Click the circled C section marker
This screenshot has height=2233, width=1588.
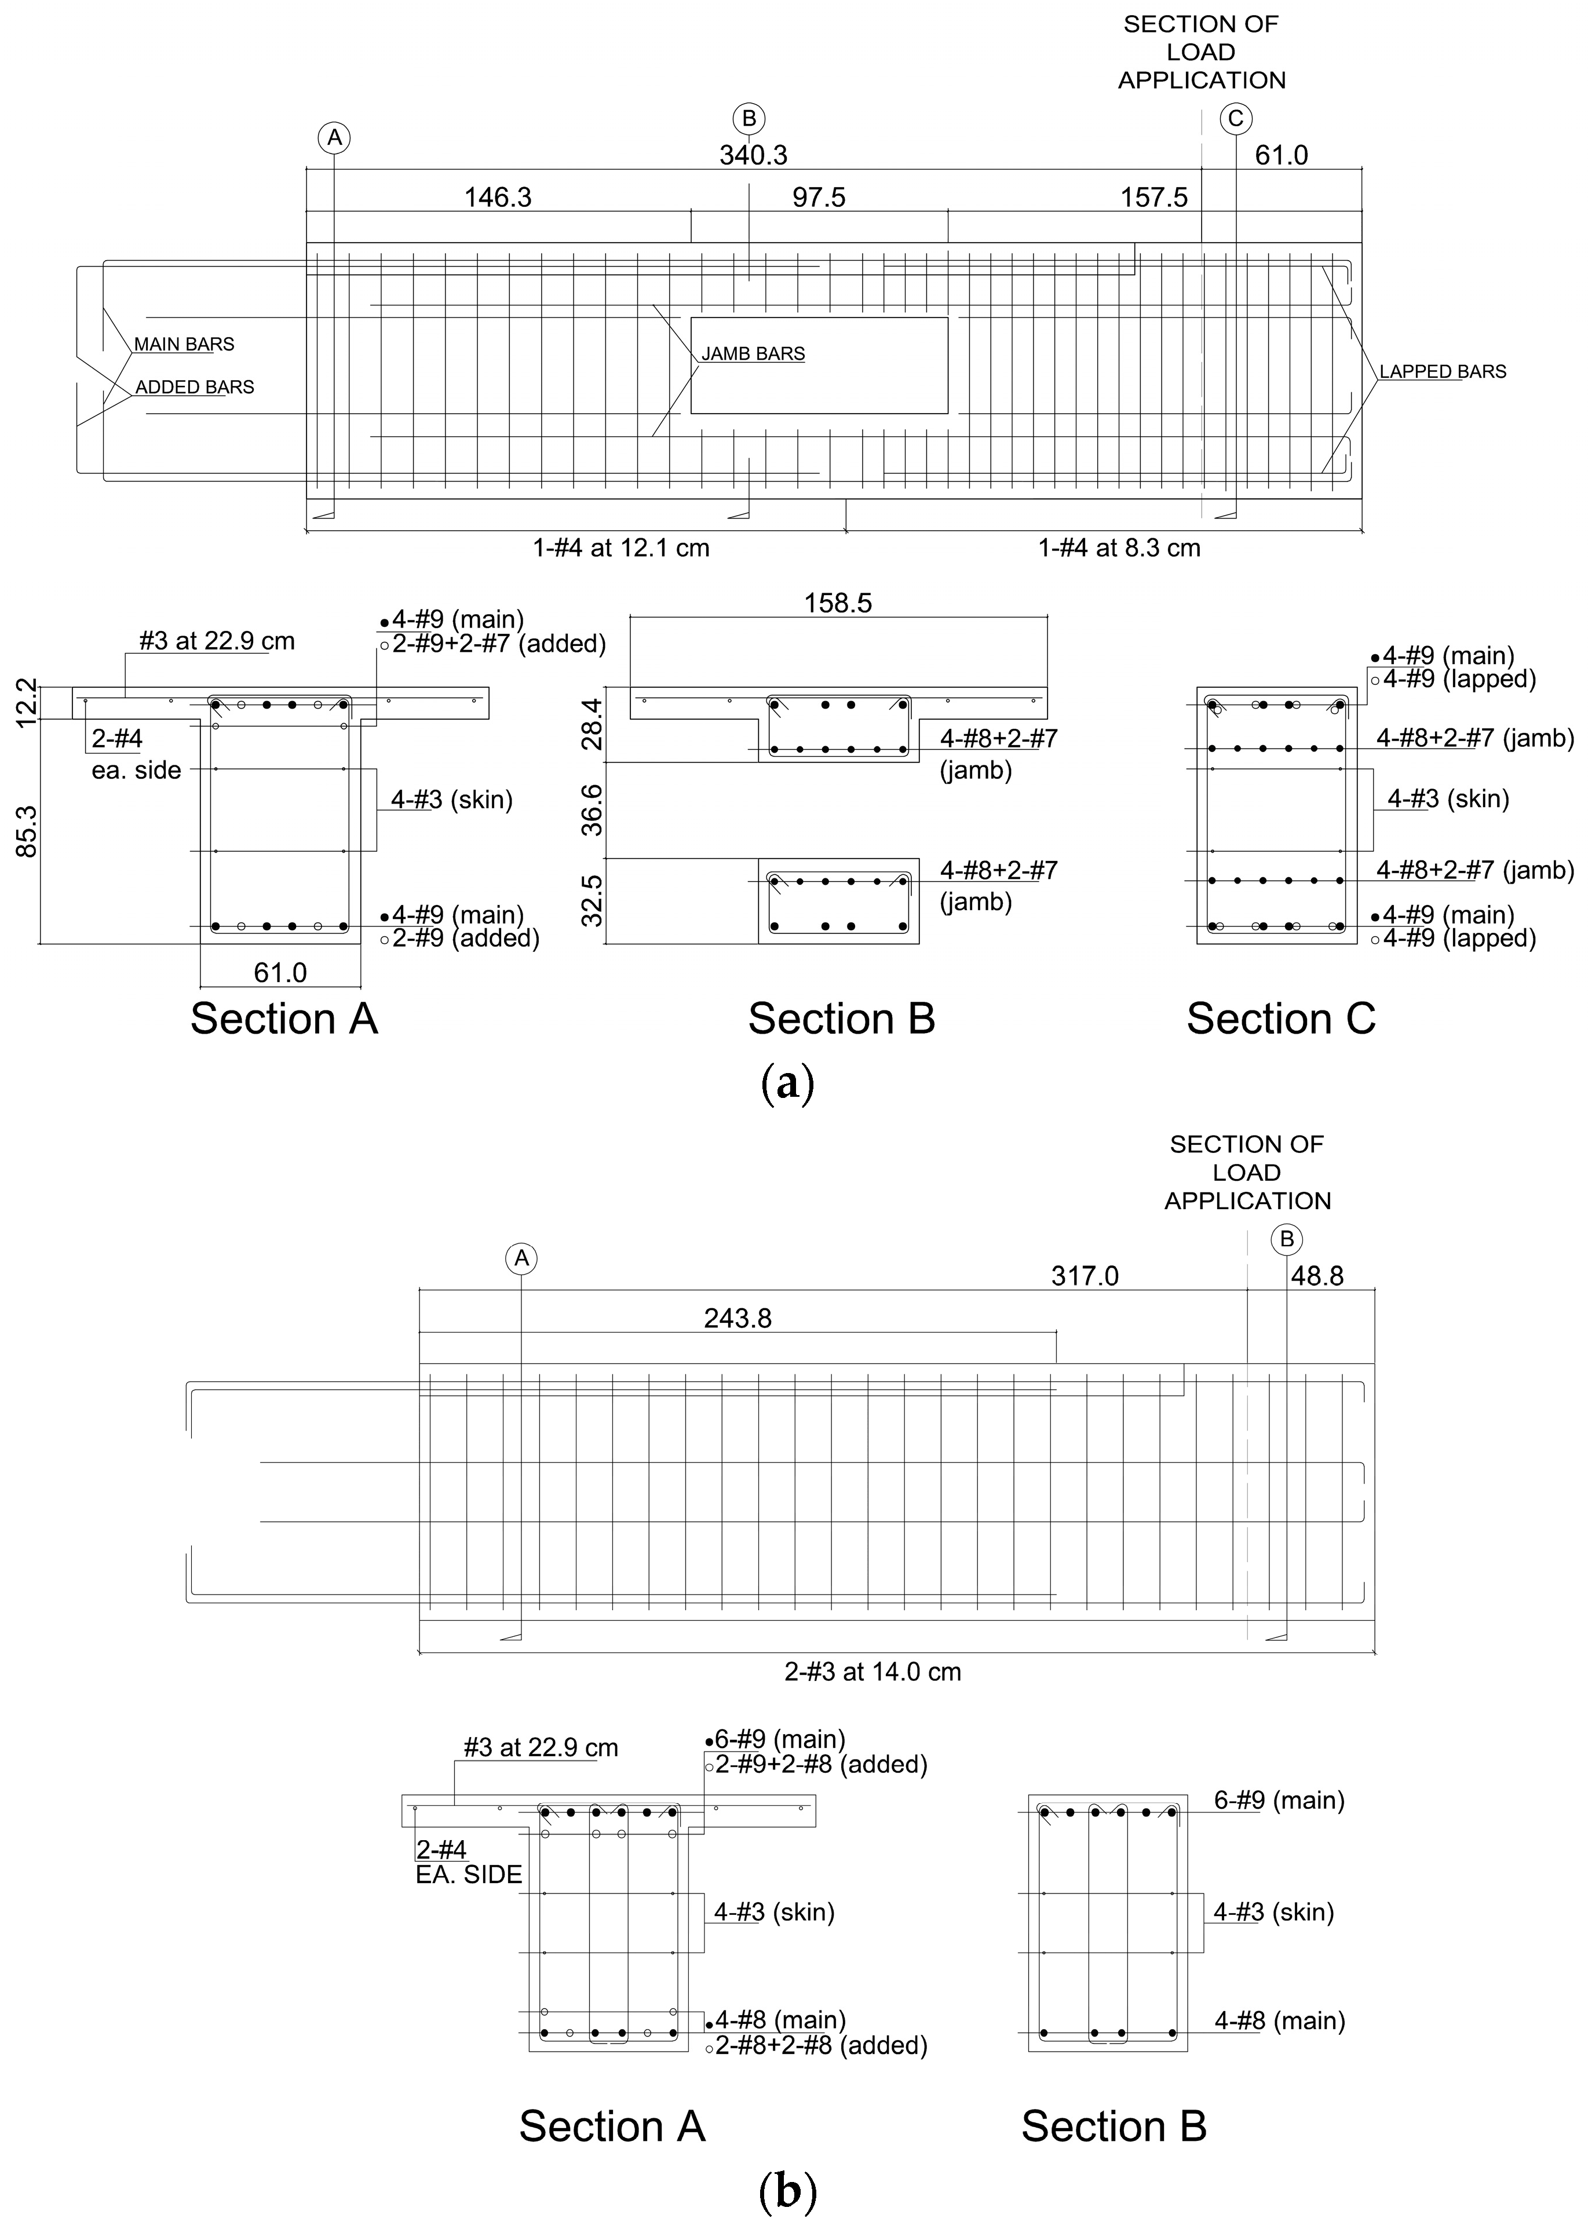point(1235,118)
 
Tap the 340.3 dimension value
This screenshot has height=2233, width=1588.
point(753,155)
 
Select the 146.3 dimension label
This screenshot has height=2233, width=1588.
point(498,198)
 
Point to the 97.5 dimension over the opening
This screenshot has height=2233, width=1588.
point(819,198)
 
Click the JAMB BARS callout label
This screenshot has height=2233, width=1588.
point(753,354)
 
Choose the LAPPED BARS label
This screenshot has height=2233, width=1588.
point(1443,371)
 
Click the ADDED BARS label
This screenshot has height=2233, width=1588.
point(195,387)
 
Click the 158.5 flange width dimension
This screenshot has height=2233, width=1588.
point(838,603)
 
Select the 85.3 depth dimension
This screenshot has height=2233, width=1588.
point(27,831)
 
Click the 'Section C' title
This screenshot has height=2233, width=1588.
point(1281,1019)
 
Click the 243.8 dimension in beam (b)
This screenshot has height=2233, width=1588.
point(738,1319)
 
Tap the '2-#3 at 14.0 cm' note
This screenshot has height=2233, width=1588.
point(873,1672)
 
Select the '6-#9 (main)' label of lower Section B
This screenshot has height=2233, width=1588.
point(1279,1800)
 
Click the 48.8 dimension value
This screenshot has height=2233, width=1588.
point(1317,1276)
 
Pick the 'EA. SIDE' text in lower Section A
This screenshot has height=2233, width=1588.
point(469,1874)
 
